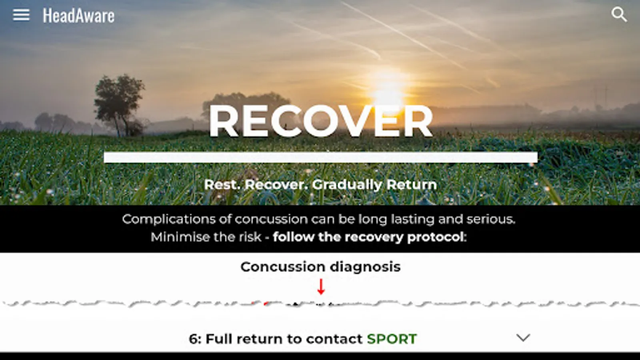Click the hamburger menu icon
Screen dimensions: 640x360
coord(21,14)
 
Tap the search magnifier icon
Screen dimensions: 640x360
coord(619,14)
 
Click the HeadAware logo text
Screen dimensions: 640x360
coord(78,16)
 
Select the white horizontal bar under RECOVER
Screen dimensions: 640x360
coord(320,158)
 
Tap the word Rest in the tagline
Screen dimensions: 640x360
coord(222,184)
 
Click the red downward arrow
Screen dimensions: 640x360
coord(321,286)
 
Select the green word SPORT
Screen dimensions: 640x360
coord(392,339)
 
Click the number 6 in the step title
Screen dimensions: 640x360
coord(194,339)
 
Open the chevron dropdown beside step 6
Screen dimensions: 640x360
coord(523,338)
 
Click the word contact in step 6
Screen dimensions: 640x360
coord(334,340)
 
